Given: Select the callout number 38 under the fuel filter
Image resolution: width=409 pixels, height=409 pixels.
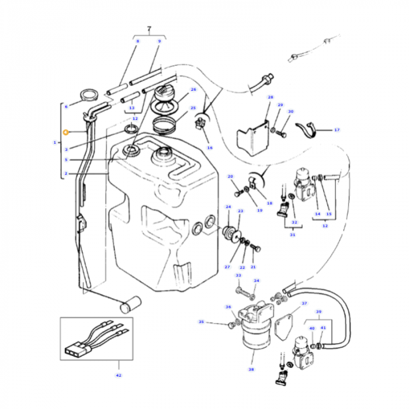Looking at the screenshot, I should point(252,369).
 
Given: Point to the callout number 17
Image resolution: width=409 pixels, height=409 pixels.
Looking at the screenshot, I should point(337,130).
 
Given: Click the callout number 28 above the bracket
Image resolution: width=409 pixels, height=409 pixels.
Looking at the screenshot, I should point(270,97).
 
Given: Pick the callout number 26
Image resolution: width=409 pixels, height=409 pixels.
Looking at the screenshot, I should point(193,89).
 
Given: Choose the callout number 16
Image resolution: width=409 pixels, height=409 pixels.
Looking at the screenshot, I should point(209,147).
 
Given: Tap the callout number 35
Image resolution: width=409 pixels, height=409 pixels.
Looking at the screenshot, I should point(201,322).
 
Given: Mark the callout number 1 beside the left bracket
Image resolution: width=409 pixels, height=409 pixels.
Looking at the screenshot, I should point(55,142).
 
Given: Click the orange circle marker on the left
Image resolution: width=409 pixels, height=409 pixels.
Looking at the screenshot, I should point(66,133).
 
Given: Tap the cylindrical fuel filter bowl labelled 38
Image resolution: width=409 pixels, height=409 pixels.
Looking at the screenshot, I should point(253,341).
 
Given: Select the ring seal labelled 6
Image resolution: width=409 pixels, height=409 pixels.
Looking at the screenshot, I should point(89,95).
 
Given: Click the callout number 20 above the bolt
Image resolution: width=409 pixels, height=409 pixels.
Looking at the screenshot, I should point(230,176).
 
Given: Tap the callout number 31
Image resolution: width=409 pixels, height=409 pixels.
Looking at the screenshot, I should point(292,235).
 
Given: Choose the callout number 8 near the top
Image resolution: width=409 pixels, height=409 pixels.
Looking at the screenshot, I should point(138,41).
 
